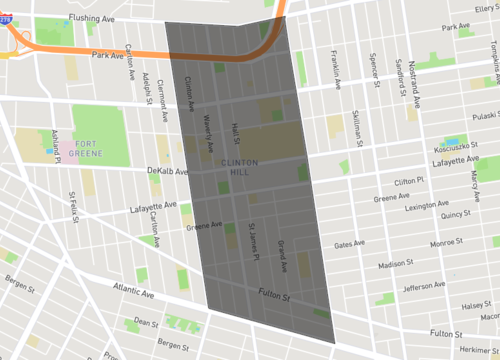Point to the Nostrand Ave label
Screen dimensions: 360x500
[414, 81]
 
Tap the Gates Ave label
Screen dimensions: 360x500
[350, 243]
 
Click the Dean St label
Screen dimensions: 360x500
[146, 322]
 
